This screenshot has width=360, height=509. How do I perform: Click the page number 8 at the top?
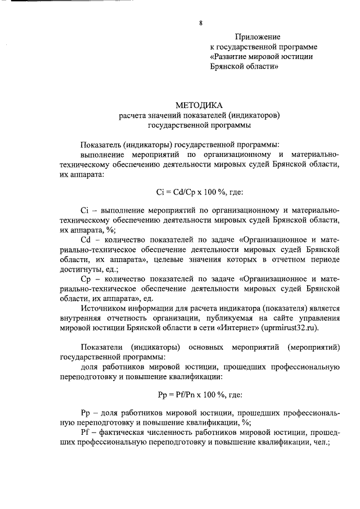[200, 23]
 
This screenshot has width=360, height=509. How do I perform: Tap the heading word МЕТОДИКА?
[199, 105]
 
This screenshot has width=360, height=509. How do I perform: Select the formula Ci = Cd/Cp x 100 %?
[191, 192]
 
